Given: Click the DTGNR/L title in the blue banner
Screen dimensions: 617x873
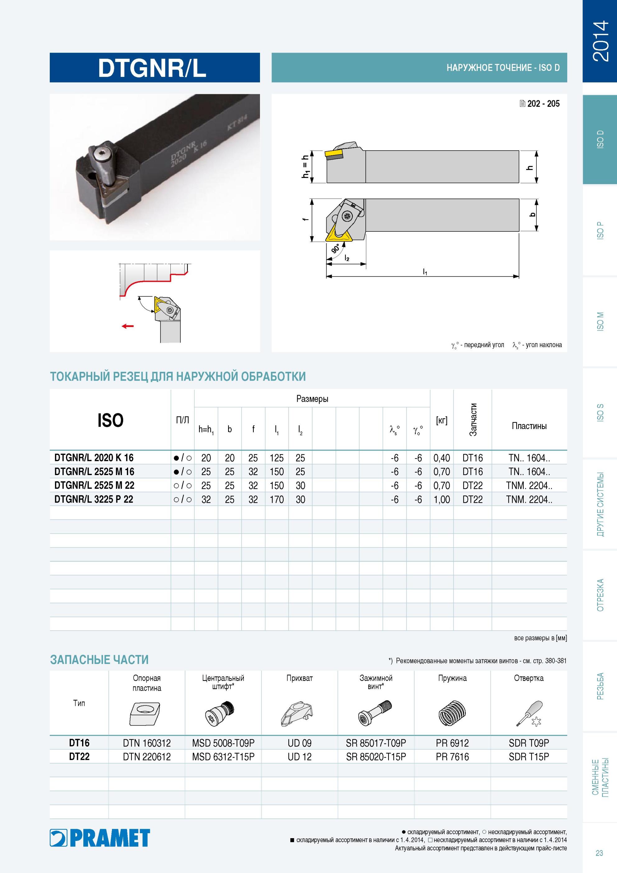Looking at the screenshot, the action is point(152,68).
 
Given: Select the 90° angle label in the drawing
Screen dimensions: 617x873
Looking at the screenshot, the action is point(336,249).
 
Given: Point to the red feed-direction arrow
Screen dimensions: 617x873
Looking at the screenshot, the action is point(128,326).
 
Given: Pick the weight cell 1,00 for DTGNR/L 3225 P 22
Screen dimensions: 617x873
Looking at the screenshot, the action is point(442,499).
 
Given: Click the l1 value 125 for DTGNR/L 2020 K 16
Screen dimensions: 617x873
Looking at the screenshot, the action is point(277,458).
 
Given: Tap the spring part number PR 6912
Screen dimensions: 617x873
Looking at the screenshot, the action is point(452,743).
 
